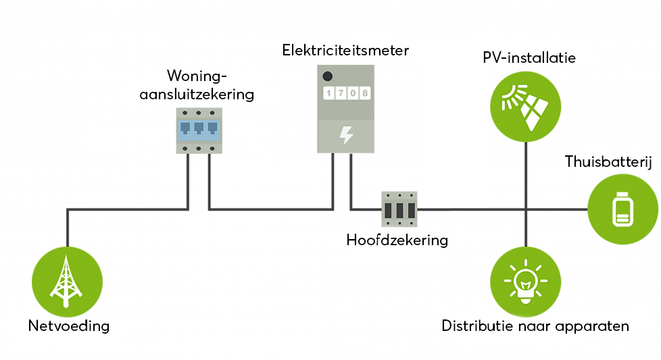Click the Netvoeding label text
point(68,326)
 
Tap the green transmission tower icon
point(68,279)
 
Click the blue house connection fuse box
point(199,130)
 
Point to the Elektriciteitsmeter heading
point(346,51)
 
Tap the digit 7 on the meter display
point(339,93)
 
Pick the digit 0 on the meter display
point(352,93)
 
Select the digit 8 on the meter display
point(365,93)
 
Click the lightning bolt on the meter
point(346,135)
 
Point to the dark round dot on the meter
point(327,76)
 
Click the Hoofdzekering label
point(397,240)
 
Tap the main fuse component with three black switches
point(399,210)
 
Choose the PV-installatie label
point(529,58)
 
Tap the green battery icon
point(622,209)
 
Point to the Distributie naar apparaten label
point(535,326)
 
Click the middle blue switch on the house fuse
point(199,128)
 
